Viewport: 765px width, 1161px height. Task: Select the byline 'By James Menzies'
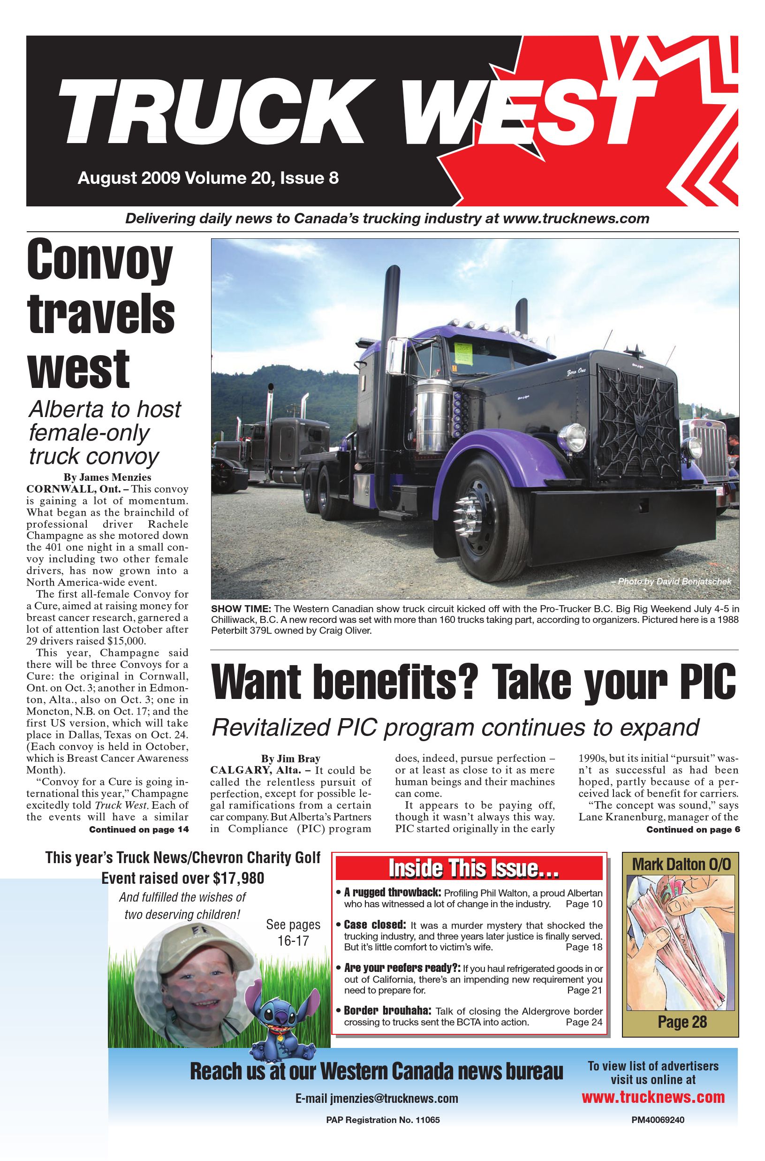[107, 477]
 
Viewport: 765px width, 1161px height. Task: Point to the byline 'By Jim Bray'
[291, 759]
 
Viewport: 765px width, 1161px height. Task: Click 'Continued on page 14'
[138, 829]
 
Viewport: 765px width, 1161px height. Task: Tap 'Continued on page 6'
[693, 829]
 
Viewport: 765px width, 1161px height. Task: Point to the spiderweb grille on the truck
[637, 417]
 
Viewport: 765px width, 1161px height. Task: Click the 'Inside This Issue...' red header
[469, 869]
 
